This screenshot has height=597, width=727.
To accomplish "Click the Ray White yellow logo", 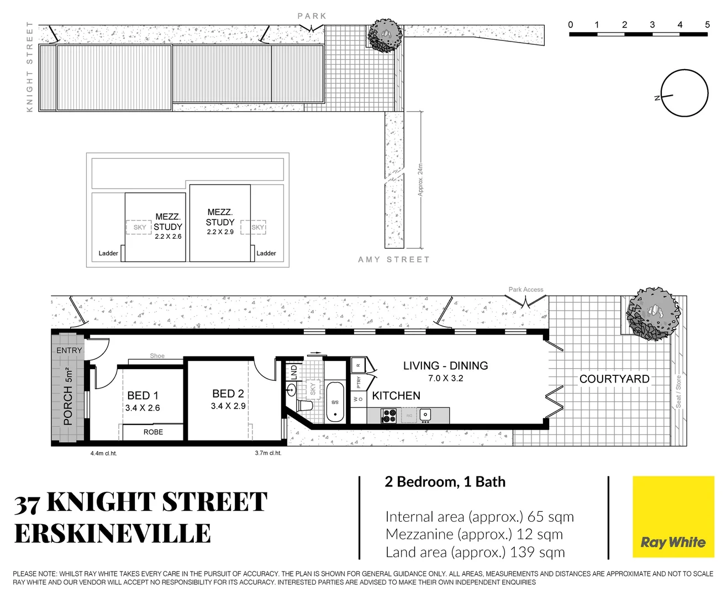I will [673, 517].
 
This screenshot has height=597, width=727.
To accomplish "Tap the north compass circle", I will [684, 94].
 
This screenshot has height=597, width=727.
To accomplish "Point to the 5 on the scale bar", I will [707, 25].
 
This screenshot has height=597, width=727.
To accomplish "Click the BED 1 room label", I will [143, 396].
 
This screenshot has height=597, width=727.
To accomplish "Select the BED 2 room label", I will [228, 394].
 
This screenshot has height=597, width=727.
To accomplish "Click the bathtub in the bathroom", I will [335, 402].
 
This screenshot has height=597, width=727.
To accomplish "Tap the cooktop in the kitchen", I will [388, 415].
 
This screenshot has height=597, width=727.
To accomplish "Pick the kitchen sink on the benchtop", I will [425, 415].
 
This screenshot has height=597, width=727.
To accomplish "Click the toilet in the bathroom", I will [304, 405].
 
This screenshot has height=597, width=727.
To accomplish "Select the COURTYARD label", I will [614, 379].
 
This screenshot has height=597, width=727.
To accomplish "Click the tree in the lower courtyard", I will [652, 313].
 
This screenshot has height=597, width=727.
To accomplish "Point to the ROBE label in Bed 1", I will [153, 432].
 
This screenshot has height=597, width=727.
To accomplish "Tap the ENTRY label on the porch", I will [69, 350].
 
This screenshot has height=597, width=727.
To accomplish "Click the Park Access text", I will [525, 290].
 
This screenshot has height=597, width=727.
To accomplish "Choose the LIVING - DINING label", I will [445, 366].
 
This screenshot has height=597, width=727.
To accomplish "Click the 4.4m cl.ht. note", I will [103, 454].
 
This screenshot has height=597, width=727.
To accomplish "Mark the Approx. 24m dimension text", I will [420, 180].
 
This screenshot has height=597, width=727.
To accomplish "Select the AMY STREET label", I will [393, 260].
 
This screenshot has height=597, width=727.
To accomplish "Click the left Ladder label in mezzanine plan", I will [108, 254].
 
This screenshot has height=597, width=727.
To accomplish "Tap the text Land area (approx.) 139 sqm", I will [475, 552].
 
